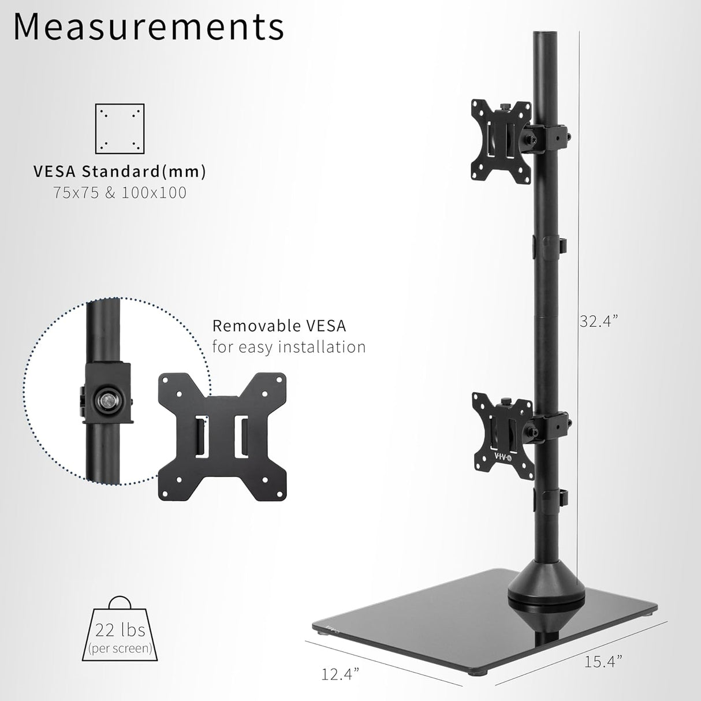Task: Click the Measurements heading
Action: (148, 26)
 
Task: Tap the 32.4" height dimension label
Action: (599, 322)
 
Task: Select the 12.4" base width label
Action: (340, 673)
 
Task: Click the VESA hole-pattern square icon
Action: (120, 128)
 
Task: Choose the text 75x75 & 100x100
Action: (120, 192)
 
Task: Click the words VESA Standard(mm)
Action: (120, 171)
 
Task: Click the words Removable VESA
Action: (279, 326)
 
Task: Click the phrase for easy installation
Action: (289, 347)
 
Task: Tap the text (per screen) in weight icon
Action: (120, 648)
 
